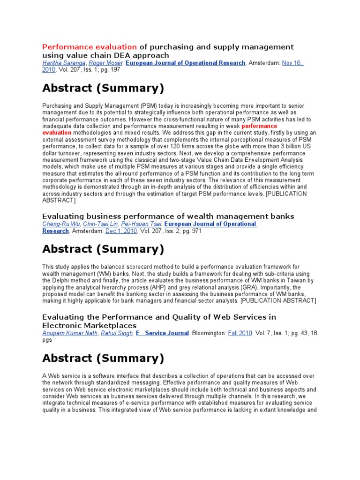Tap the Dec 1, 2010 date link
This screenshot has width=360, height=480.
pos(121,231)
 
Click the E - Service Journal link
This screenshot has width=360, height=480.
pos(162,333)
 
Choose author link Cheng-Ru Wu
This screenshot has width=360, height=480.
pos(60,224)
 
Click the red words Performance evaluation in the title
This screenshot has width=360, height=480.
pos(90,47)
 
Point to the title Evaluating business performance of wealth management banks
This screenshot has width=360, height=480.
pos(168,216)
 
